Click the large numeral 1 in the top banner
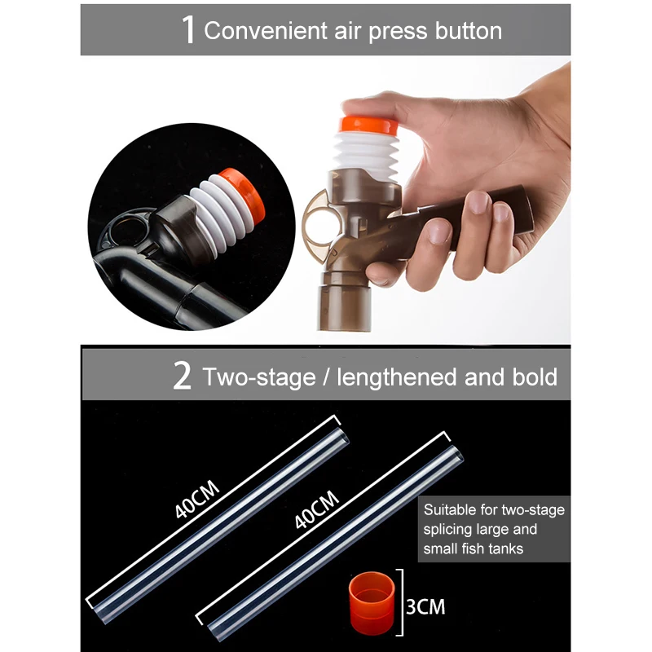(187, 30)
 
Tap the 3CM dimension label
(425, 607)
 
